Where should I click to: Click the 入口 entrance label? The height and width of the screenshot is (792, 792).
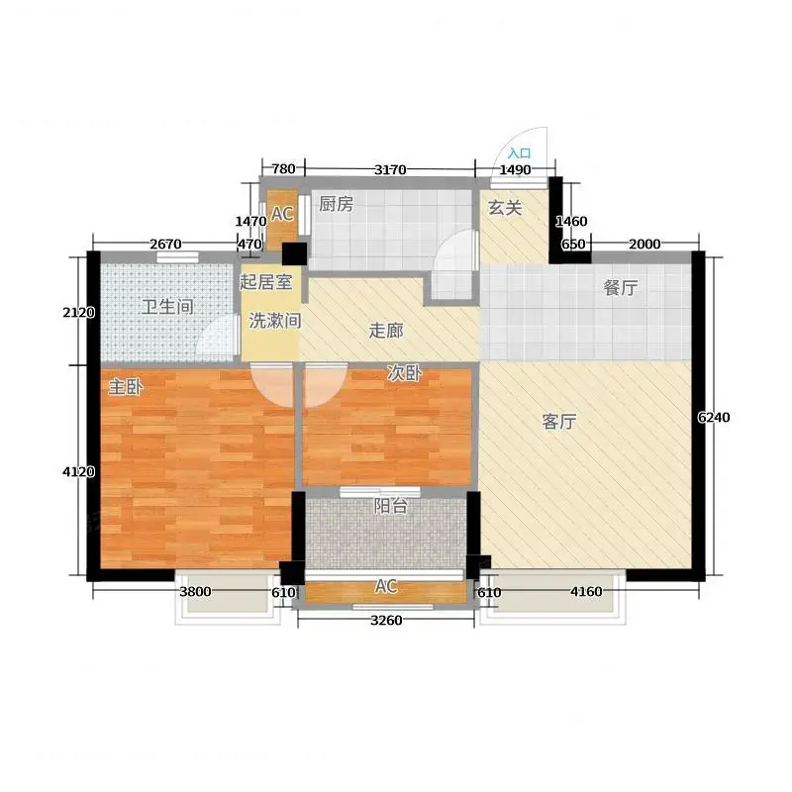pos(519,153)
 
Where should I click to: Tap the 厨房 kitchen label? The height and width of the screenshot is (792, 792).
pos(336,204)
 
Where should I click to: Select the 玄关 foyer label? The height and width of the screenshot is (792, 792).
pos(505,208)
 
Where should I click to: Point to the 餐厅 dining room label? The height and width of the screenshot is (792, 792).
pos(621,287)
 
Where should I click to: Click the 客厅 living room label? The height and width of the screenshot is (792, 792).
pos(559,422)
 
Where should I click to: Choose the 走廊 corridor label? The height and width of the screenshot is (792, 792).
pos(386,331)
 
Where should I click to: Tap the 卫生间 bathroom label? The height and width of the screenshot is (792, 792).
pos(167,307)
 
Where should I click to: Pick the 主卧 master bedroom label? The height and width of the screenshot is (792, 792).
pos(126,387)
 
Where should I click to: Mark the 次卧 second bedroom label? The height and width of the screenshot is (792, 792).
pos(404,373)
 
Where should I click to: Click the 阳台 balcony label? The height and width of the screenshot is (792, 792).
pos(390,506)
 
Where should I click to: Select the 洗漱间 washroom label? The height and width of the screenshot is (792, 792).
pos(275,320)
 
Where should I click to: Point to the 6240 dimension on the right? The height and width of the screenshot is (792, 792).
pos(714,417)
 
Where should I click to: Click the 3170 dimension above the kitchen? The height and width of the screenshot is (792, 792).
pos(390,169)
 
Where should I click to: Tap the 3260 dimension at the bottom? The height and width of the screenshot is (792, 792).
pos(386,620)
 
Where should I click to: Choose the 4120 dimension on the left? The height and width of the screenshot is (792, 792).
pos(79,472)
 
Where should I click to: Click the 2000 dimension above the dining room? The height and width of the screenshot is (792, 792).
pos(644,244)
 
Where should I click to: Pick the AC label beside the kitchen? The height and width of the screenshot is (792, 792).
pos(282,214)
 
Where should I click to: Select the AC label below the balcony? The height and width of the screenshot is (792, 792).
pos(386,586)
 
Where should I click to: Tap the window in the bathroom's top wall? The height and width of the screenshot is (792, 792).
pos(177,257)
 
